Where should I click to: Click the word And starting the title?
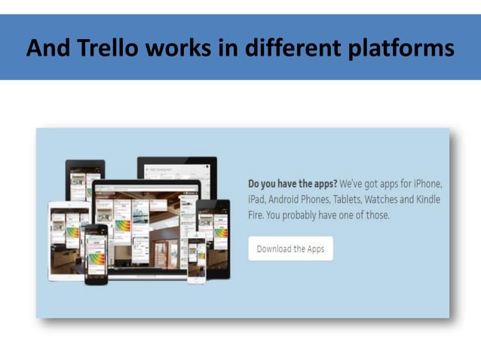49,48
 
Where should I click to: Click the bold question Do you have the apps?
292,184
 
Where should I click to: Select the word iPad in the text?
258,200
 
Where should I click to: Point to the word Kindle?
427,200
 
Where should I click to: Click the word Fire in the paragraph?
256,215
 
